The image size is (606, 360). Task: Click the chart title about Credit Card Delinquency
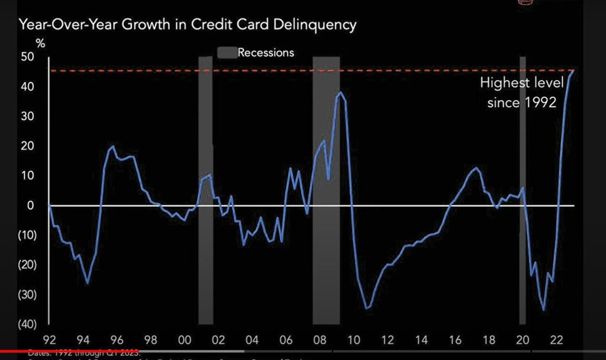[188, 25]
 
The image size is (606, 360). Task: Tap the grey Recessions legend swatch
[227, 53]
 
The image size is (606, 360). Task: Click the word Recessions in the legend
[266, 53]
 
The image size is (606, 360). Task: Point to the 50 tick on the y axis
[28, 57]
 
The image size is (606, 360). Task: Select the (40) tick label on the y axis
[27, 324]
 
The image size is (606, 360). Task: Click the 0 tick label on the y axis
[31, 205]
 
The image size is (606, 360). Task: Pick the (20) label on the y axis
[27, 265]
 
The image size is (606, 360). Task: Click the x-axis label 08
[320, 340]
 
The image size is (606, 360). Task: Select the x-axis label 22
[557, 340]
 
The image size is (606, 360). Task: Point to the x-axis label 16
[455, 340]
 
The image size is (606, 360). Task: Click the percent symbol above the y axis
[40, 43]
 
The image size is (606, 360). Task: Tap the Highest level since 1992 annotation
[521, 92]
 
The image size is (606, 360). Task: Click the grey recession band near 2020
[523, 189]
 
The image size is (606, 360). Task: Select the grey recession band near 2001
[205, 189]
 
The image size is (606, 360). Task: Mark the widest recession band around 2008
[326, 189]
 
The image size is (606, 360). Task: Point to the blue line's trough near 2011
[367, 308]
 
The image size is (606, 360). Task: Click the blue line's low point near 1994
[88, 283]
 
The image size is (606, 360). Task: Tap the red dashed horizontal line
[296, 71]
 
